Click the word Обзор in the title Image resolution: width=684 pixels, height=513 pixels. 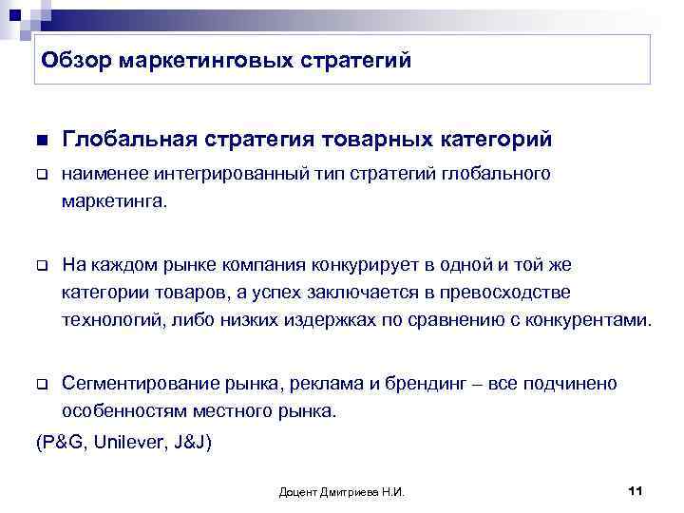coord(75,61)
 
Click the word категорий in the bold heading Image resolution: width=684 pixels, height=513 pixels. coord(495,140)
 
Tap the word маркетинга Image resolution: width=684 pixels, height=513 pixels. coord(112,200)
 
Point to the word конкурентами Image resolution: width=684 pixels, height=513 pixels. coord(595,320)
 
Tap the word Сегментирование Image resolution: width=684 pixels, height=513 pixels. coord(138,384)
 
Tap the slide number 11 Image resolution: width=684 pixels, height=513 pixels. coord(636,490)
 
